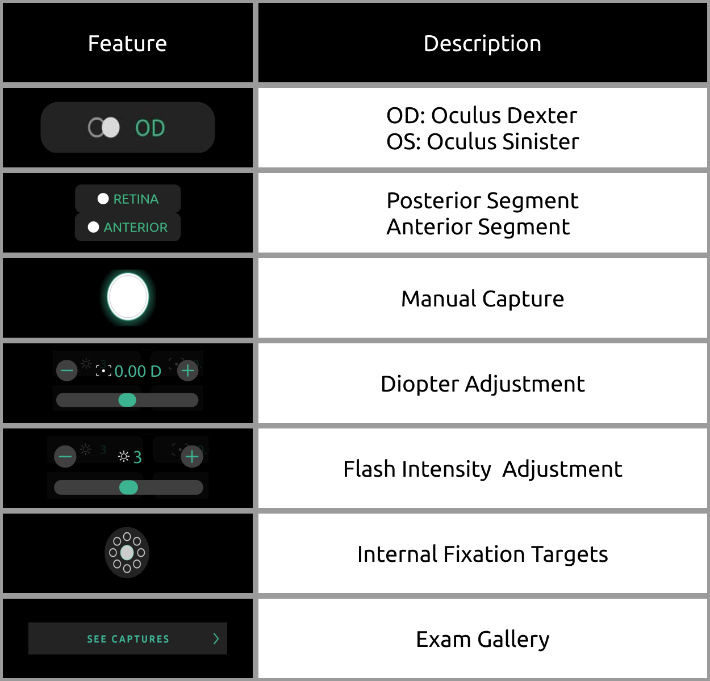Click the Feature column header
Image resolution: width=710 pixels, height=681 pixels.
coord(127,44)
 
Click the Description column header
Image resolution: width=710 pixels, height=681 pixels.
coord(482,44)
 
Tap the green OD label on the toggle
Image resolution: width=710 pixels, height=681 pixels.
coord(150,128)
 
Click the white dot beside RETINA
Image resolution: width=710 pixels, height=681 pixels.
coord(103,199)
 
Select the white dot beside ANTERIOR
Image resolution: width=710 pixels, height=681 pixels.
coord(93,227)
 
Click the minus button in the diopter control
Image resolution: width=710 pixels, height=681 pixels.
coord(67,371)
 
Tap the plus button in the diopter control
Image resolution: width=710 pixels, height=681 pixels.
coord(188,371)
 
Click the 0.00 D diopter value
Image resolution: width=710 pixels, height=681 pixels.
coord(138,372)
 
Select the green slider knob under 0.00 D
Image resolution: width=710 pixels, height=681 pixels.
coord(127,400)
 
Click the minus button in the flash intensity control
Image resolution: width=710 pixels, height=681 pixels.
coord(65,456)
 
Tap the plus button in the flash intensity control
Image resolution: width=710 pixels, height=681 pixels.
coord(192,456)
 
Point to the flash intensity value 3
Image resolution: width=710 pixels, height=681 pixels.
coord(137,457)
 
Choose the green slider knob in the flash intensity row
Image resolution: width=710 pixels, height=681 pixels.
coord(128,487)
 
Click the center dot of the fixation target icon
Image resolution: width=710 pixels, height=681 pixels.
coord(127,553)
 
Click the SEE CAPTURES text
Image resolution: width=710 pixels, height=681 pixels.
coord(128,638)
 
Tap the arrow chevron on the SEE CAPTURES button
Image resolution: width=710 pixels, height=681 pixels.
coord(216,638)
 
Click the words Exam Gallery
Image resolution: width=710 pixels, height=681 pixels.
coord(482,640)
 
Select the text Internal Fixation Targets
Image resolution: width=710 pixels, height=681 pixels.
coord(482,554)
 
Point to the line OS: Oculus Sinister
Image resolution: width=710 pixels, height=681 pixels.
coord(482,141)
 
